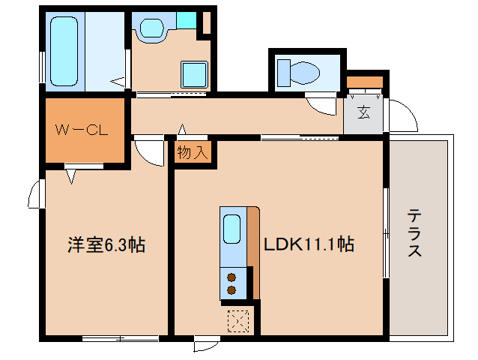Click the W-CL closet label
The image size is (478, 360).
(82, 129)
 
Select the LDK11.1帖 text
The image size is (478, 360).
(308, 244)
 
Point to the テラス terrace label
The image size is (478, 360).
(414, 233)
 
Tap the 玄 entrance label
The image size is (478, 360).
(363, 114)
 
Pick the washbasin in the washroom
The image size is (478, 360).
(152, 28)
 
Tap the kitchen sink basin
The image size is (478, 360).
(233, 228)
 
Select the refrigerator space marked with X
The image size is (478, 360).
(239, 320)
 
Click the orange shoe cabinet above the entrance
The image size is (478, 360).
(365, 81)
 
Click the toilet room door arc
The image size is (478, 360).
(323, 106)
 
